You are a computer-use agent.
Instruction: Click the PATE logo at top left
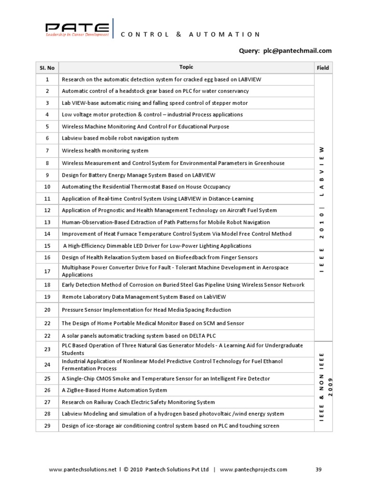coord(77,28)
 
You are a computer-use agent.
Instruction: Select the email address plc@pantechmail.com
coord(297,51)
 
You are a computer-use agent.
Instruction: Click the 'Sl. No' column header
coord(47,68)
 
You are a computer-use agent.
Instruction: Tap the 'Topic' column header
coord(186,67)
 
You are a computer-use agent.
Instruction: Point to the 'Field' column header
coord(323,68)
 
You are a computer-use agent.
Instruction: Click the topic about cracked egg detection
coord(154,80)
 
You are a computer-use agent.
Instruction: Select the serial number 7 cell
coord(47,151)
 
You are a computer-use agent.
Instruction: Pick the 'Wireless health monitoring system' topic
coord(105,151)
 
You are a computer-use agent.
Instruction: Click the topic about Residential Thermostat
coord(146,187)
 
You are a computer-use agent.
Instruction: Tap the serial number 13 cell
coord(47,222)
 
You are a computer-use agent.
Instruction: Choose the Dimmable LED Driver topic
coord(157,246)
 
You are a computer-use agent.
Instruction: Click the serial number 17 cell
coord(47,271)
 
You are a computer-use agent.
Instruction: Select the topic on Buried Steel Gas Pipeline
coord(183,285)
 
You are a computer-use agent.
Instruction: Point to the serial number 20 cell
coord(47,310)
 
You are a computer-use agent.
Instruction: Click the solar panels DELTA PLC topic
coord(139,336)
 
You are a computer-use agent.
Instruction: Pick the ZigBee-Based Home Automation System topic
coord(114,390)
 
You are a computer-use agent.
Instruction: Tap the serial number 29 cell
coord(47,426)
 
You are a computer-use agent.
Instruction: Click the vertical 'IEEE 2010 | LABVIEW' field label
coord(323,210)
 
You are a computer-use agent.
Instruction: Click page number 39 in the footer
coord(319,469)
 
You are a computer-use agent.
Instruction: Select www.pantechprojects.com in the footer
coord(254,469)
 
